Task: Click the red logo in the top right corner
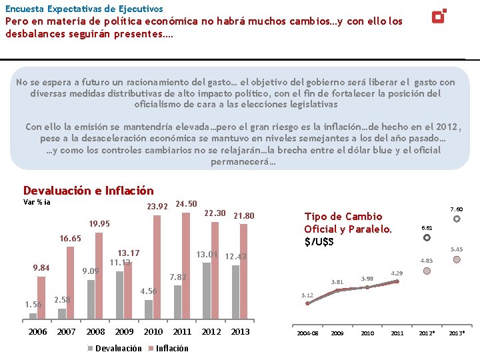point(439,15)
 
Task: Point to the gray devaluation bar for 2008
point(91,299)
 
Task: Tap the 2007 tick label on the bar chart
point(67,331)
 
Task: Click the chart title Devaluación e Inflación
point(88,191)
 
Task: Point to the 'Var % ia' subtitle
point(37,202)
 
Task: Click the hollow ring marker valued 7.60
point(457,219)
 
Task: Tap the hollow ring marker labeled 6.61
point(427,237)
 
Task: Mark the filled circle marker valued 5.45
point(457,259)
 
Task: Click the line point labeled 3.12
point(307,303)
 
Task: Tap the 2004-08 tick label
point(307,332)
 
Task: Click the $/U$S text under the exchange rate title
point(319,241)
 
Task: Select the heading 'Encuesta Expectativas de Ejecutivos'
point(84,9)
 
